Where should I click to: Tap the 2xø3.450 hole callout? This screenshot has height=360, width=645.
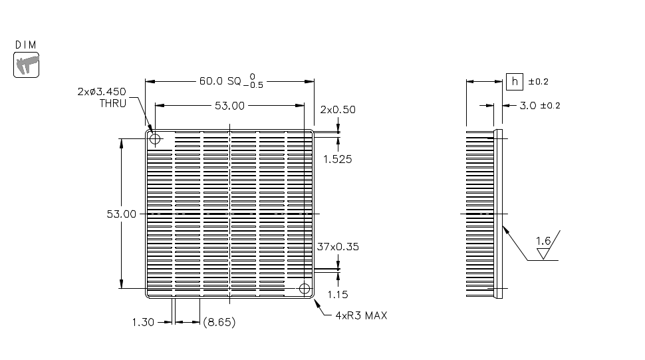101,92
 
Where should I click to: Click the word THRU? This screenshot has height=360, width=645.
112,103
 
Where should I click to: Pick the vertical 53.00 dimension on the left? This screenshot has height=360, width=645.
121,214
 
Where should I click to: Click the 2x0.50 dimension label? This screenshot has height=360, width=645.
338,109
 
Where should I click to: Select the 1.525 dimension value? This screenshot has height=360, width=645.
337,159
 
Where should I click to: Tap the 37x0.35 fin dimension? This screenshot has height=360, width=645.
338,246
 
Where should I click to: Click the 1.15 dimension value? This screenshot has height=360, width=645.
338,294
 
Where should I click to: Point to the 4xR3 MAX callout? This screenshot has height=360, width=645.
361,315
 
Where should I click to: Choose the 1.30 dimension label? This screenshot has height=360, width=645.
143,322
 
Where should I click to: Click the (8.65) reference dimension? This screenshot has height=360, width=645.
218,322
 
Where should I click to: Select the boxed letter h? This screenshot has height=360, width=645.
514,81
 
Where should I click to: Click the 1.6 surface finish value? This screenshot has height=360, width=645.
543,241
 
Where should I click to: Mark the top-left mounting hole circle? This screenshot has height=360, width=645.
155,139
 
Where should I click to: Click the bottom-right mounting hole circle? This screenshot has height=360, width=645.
305,289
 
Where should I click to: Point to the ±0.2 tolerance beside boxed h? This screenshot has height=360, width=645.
538,82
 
